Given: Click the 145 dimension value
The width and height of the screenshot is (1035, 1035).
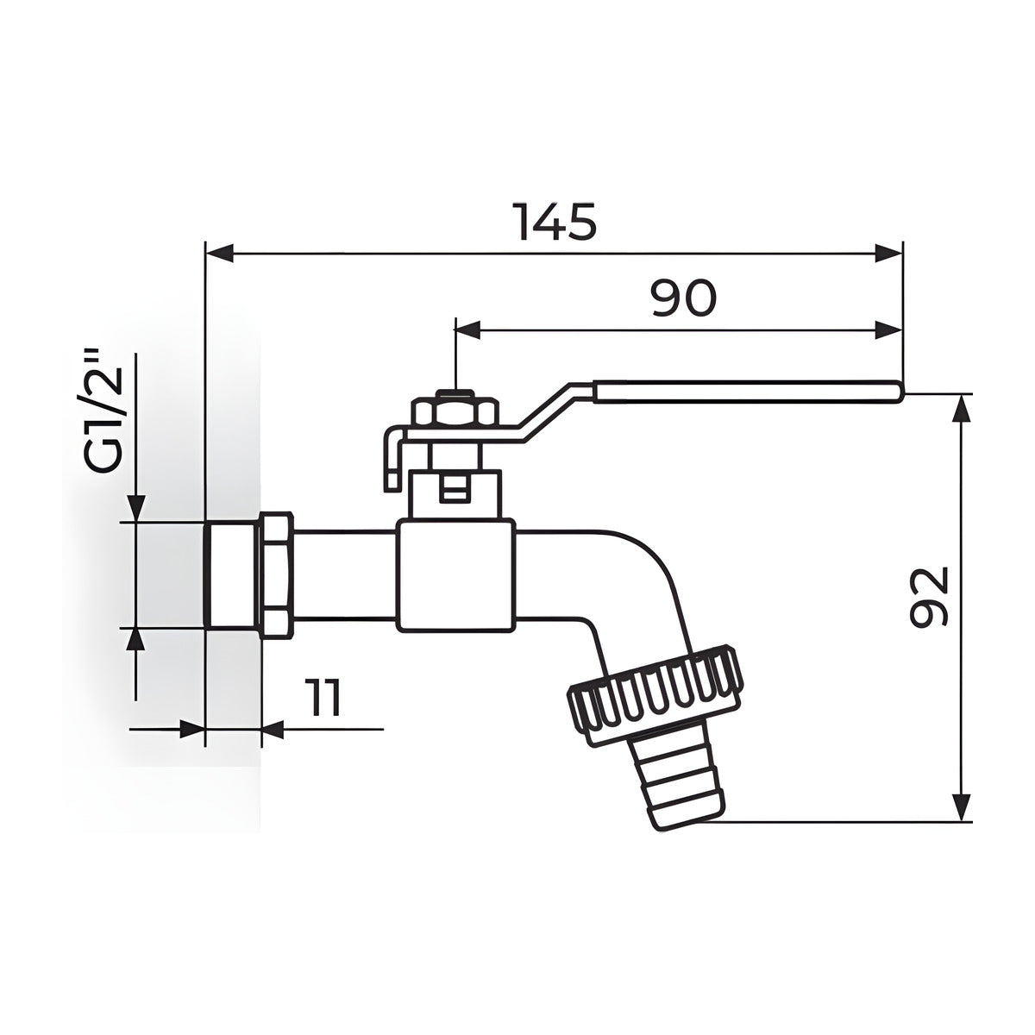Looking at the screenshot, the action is pos(557,222).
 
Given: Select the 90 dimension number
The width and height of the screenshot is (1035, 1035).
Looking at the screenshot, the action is pos(683,297).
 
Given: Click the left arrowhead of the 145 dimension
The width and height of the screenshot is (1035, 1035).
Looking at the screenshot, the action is pos(220,253).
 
